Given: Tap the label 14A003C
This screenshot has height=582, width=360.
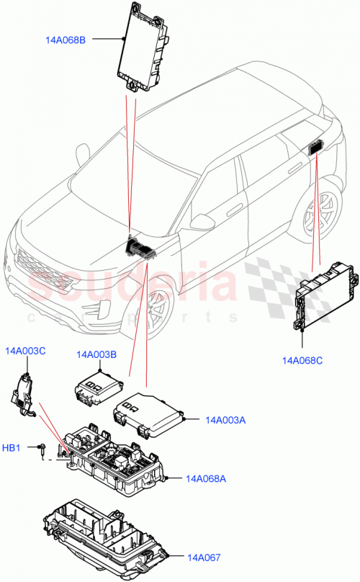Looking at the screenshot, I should pyautogui.click(x=25, y=351).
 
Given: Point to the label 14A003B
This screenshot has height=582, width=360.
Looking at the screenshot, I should pyautogui.click(x=96, y=354).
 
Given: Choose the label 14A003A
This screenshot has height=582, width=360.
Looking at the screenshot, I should pyautogui.click(x=225, y=419).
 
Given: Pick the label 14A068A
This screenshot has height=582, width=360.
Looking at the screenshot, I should pyautogui.click(x=206, y=478).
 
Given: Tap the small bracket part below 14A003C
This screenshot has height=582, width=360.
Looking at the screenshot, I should pyautogui.click(x=23, y=394).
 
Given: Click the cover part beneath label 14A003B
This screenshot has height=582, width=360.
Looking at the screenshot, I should pyautogui.click(x=99, y=388).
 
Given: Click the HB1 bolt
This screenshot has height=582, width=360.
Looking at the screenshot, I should pyautogui.click(x=42, y=449).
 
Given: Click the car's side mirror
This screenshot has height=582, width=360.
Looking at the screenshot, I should pyautogui.click(x=202, y=221).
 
